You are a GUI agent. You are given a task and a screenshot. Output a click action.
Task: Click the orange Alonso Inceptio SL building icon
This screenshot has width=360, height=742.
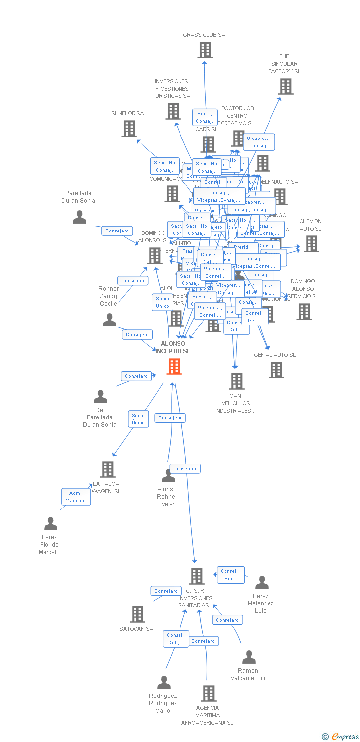pyautogui.click(x=174, y=367)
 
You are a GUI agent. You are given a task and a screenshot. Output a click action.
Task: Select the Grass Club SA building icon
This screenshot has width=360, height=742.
pyautogui.click(x=205, y=50)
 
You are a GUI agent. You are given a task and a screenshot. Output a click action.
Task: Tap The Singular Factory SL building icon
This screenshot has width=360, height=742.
pyautogui.click(x=285, y=87)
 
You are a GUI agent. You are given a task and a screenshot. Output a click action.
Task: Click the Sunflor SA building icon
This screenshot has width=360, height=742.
pyautogui.click(x=129, y=129)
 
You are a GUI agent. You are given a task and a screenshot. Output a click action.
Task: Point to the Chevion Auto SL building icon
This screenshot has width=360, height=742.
pyautogui.click(x=311, y=244)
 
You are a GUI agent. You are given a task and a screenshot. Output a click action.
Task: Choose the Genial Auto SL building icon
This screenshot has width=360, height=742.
pyautogui.click(x=276, y=370)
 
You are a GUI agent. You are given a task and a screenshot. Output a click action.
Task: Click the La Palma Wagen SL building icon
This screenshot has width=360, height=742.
pyautogui.click(x=107, y=469)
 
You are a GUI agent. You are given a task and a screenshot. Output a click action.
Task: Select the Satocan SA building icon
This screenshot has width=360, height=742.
pyautogui.click(x=137, y=614)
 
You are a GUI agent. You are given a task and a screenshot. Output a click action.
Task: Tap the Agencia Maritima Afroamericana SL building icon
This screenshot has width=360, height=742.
pyautogui.click(x=209, y=693)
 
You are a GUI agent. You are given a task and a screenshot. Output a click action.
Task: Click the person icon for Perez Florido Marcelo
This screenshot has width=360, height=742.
pyautogui.click(x=50, y=524)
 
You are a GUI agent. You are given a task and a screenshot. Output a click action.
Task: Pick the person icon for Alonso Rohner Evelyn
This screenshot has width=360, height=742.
pyautogui.click(x=168, y=476)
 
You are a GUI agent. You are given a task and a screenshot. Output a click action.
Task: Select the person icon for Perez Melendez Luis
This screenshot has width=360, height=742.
pyautogui.click(x=262, y=583)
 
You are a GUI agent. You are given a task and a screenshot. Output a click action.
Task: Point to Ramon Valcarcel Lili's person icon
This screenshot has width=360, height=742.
pyautogui.click(x=249, y=657)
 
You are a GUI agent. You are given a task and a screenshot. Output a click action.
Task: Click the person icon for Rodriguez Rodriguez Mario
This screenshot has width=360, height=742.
pyautogui.click(x=164, y=683)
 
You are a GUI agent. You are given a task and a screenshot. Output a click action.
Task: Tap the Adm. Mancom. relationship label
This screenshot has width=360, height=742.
pyautogui.click(x=76, y=497)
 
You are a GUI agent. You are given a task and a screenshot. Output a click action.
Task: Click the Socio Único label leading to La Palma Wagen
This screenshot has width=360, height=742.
pyautogui.click(x=138, y=419)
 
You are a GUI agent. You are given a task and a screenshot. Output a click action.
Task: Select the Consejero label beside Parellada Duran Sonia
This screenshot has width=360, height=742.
pyautogui.click(x=117, y=231)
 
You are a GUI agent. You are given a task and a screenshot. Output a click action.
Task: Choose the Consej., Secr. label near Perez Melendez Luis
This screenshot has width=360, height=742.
pyautogui.click(x=230, y=575)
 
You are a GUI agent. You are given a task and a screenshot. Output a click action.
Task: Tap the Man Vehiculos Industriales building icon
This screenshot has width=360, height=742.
pyautogui.click(x=236, y=381)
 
